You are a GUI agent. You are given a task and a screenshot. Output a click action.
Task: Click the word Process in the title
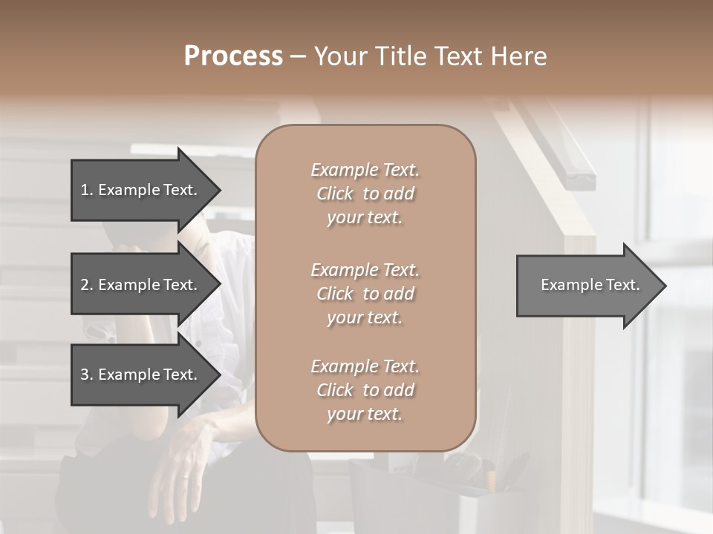tap(233, 56)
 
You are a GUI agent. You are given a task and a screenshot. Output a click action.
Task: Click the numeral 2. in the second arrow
tap(86, 285)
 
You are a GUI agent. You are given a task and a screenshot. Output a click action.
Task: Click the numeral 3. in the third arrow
tap(86, 375)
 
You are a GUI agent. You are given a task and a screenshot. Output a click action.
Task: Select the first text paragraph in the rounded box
tap(365, 194)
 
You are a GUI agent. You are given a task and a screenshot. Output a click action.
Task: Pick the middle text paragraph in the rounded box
tap(365, 294)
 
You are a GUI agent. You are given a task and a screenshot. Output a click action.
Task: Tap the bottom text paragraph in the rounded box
tap(365, 390)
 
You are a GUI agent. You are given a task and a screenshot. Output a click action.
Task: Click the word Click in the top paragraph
tap(335, 194)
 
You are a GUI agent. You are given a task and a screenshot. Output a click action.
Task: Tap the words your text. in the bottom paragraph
tap(365, 414)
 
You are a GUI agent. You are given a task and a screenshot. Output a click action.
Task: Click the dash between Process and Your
tap(298, 56)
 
